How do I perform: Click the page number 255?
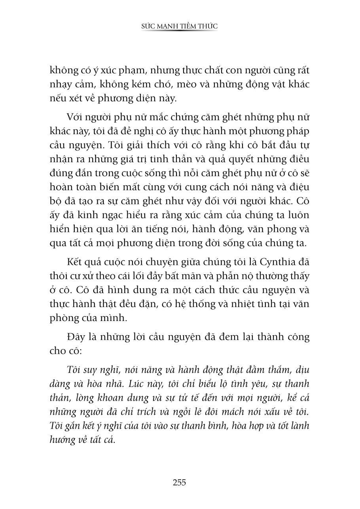click(x=179, y=482)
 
